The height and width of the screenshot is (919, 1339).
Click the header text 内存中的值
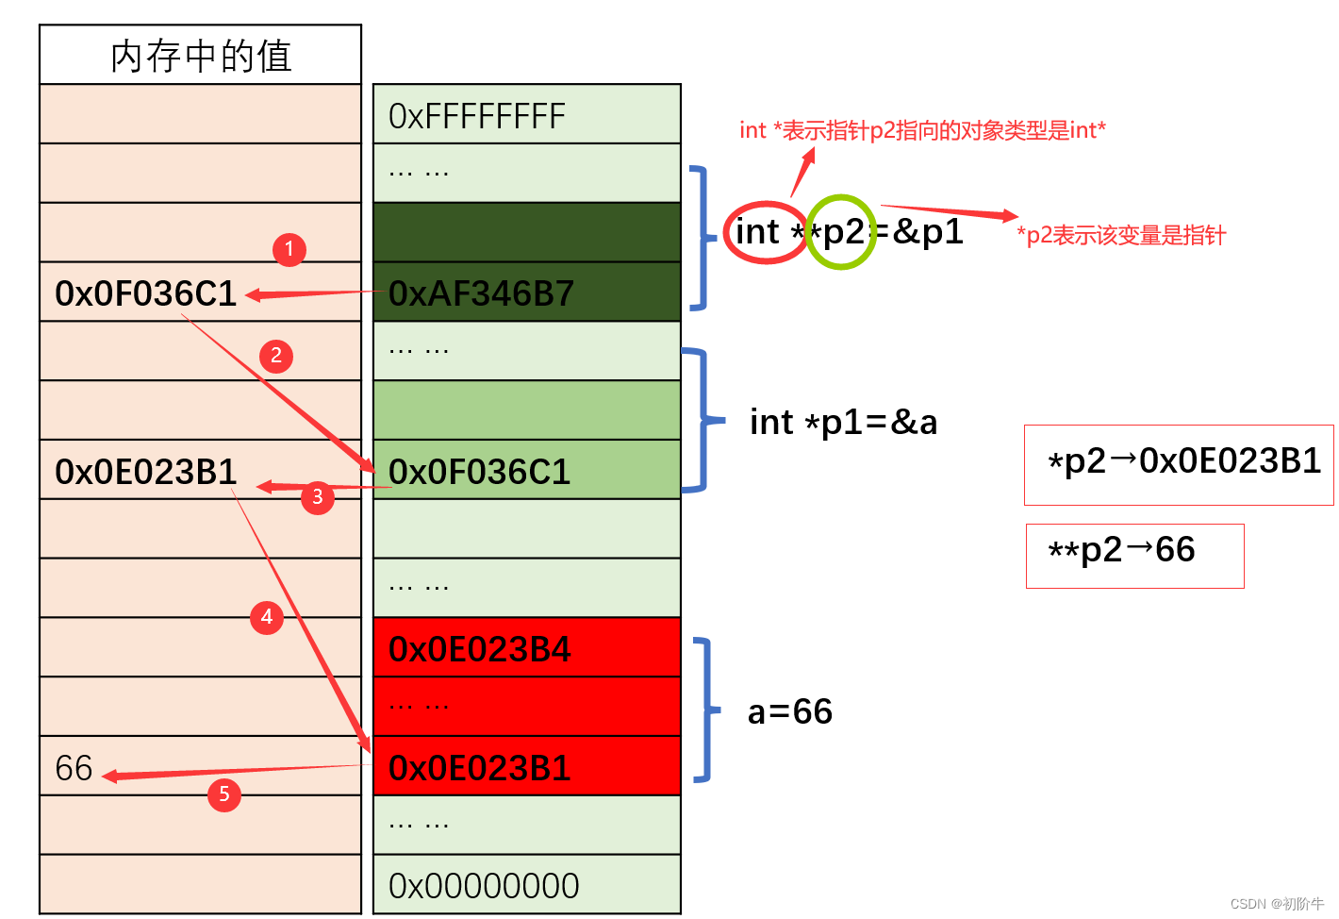pos(201,57)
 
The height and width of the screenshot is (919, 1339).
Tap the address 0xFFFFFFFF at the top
pos(476,116)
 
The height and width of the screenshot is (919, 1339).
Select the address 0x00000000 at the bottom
pos(484,886)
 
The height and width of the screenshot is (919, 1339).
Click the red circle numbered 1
pos(289,249)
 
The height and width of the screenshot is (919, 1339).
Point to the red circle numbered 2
pos(276,357)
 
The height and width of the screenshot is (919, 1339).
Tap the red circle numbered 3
pos(318,497)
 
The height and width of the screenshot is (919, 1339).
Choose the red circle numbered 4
pos(267,617)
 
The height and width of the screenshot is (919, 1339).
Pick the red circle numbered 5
pos(224,794)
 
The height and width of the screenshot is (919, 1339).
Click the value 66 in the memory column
pos(74,768)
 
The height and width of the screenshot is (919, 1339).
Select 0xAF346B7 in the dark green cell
pos(481,293)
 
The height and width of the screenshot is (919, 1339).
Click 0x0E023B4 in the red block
pos(479,650)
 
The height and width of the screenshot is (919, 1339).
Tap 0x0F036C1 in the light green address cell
pos(479,472)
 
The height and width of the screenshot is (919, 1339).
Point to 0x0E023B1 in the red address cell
pos(479,768)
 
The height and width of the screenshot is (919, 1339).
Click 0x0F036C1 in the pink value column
pos(146,293)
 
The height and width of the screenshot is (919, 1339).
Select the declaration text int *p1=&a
pos(843,423)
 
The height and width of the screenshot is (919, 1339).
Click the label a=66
pos(790,712)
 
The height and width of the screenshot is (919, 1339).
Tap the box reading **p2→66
pos(1134,557)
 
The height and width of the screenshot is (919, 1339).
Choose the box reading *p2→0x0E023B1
pos(1179,465)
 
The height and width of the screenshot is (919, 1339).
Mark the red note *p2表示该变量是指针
pos(1121,235)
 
